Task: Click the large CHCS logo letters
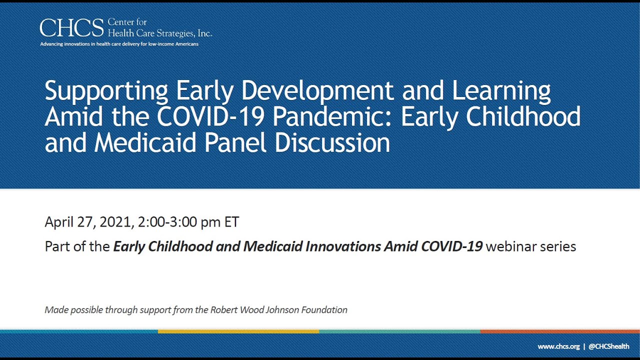(x=71, y=27)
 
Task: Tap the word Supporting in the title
(x=106, y=91)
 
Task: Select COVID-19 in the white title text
(x=210, y=116)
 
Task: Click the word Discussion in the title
(x=332, y=142)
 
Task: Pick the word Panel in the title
(x=235, y=142)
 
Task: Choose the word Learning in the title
(x=501, y=91)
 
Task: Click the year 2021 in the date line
(x=115, y=222)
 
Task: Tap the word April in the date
(x=59, y=222)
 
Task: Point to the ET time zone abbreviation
(x=231, y=222)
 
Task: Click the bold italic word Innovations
(x=343, y=246)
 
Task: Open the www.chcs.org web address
(x=558, y=347)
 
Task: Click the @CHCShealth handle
(x=609, y=346)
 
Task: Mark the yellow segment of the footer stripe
(x=238, y=331)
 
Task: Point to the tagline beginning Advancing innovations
(x=119, y=44)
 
